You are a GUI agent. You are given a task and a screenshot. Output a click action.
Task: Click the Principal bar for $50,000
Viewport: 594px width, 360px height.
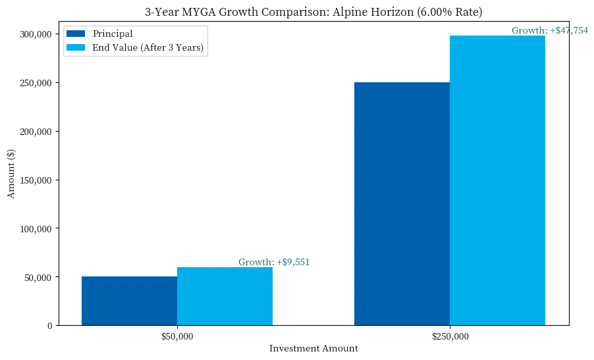pyautogui.click(x=129, y=301)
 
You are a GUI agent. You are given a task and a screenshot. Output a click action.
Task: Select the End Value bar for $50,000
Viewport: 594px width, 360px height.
pyautogui.click(x=225, y=296)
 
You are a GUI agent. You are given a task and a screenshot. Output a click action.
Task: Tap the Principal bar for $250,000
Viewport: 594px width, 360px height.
pyautogui.click(x=402, y=203)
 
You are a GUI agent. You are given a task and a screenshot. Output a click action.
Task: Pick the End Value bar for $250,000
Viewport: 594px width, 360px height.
pyautogui.click(x=497, y=180)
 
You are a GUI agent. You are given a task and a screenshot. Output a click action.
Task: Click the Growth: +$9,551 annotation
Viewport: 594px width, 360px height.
pyautogui.click(x=274, y=262)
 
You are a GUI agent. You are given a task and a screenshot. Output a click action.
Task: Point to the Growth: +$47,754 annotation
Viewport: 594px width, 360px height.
pyautogui.click(x=550, y=30)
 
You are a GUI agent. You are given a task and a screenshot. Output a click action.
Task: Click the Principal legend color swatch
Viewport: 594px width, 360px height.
pyautogui.click(x=76, y=34)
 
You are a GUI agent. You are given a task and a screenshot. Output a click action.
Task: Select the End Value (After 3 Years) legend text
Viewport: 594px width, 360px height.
pyautogui.click(x=148, y=47)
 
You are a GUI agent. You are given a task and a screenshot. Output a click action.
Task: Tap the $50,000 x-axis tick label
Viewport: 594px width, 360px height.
pyautogui.click(x=177, y=337)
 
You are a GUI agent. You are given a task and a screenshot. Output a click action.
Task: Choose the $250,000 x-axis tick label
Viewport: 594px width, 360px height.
pyautogui.click(x=450, y=337)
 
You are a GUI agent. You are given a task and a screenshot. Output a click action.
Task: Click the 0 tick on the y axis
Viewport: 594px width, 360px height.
pyautogui.click(x=49, y=326)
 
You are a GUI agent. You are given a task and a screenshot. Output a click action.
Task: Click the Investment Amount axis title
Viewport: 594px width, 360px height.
pyautogui.click(x=313, y=349)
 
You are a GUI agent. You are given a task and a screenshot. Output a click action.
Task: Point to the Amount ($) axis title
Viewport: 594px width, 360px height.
pyautogui.click(x=11, y=173)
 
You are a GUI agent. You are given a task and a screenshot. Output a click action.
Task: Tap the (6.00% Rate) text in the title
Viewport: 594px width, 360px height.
pyautogui.click(x=450, y=11)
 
